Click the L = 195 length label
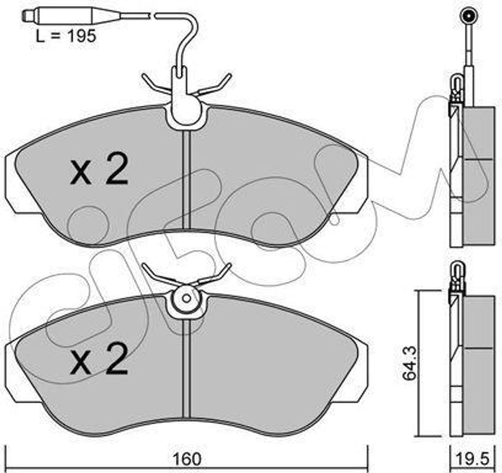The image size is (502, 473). coord(66,36)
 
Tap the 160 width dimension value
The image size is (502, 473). coord(188,459)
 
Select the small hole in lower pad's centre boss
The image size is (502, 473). coord(186,298)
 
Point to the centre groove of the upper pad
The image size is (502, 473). coord(187,180)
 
